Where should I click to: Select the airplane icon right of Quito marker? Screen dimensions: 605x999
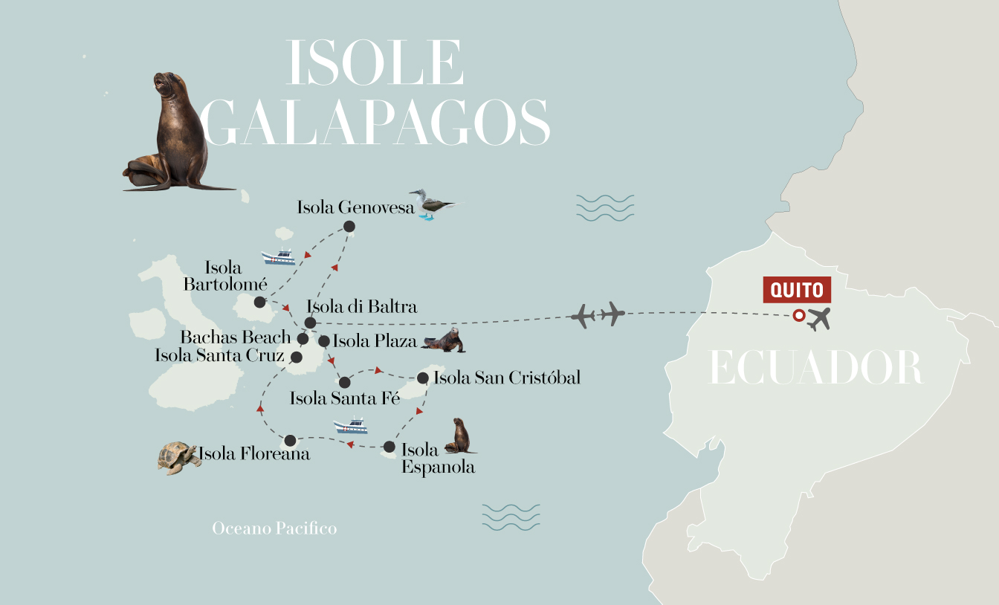click(x=818, y=319)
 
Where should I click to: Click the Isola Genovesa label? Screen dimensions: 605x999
click(x=355, y=207)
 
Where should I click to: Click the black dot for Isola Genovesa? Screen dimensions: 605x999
click(x=349, y=227)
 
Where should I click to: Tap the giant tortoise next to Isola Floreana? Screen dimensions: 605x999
click(x=178, y=457)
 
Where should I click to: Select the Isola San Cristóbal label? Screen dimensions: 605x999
click(x=506, y=378)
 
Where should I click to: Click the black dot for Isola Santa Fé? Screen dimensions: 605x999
click(x=345, y=383)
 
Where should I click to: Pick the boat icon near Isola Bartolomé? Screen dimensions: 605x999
click(x=279, y=257)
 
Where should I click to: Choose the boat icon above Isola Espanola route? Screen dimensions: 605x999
click(x=351, y=427)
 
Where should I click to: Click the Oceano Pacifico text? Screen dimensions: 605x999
click(x=274, y=528)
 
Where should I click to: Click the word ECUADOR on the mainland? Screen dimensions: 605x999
click(x=816, y=368)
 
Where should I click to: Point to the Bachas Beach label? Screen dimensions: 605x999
click(x=235, y=337)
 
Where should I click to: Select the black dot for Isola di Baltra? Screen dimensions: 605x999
click(x=311, y=323)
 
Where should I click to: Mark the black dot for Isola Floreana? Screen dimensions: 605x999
click(x=290, y=440)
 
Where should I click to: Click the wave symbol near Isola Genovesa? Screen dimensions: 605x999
click(x=605, y=208)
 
